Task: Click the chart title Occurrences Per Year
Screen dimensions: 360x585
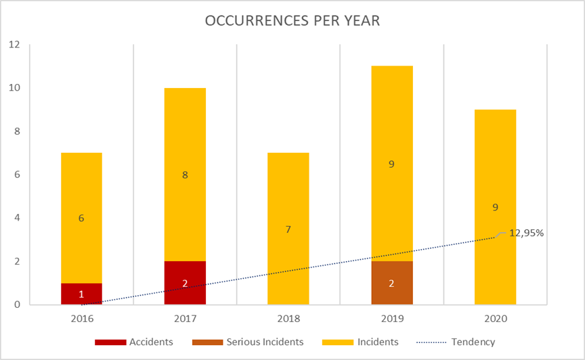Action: (x=292, y=20)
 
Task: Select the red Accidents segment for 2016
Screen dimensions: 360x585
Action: (x=81, y=294)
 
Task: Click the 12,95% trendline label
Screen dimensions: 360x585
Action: (x=527, y=233)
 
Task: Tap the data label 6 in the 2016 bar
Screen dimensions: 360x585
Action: (x=81, y=218)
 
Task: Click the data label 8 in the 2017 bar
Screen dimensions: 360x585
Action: (x=185, y=175)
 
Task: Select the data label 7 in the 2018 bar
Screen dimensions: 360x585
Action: (x=288, y=229)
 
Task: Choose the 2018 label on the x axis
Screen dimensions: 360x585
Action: (x=288, y=317)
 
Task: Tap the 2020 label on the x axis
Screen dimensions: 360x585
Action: (x=496, y=317)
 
